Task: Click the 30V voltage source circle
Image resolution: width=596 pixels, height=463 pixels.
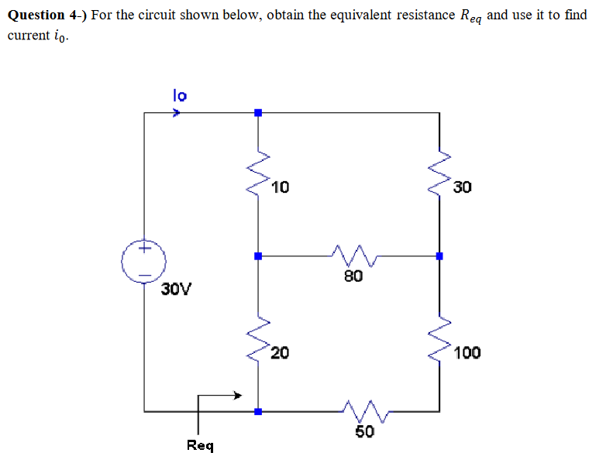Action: [144, 262]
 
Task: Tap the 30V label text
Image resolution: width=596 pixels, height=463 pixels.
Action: [177, 290]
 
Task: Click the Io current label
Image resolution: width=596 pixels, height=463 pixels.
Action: [179, 95]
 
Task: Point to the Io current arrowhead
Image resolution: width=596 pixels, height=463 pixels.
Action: [177, 113]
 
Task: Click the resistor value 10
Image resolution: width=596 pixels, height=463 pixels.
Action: [281, 187]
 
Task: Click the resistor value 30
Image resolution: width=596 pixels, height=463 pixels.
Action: [463, 187]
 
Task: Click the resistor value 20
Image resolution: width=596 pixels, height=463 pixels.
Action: [280, 354]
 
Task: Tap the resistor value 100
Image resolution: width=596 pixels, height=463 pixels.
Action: [467, 354]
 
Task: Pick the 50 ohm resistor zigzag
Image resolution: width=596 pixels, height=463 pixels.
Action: [360, 411]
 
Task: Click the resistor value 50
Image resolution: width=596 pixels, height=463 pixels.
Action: [364, 431]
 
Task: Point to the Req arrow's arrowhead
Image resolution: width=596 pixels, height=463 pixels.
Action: [239, 396]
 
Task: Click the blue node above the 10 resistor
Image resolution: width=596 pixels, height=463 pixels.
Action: [258, 113]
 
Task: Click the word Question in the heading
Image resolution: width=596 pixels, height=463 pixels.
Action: [36, 15]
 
